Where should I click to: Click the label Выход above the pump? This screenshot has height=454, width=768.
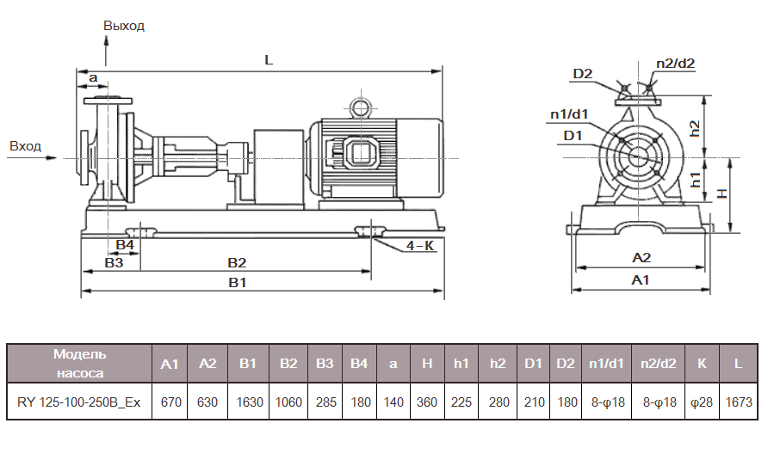tap(124, 26)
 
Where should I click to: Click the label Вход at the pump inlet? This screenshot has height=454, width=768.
tap(25, 146)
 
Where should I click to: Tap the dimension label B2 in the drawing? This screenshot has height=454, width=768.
tap(237, 262)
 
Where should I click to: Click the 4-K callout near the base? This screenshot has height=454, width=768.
tap(419, 246)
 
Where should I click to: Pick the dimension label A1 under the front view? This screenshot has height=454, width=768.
tap(640, 280)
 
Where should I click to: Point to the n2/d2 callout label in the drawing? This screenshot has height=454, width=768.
tap(675, 63)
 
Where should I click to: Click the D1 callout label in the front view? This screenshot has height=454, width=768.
tap(573, 135)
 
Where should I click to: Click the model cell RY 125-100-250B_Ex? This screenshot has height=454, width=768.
tap(79, 402)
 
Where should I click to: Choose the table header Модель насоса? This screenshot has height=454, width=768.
tap(79, 364)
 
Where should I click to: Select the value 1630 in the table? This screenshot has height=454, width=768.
tap(249, 402)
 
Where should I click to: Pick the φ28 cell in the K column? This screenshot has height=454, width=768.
tap(702, 402)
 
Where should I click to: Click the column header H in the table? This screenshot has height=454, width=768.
tap(427, 365)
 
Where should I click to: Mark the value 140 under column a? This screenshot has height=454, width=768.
tap(393, 402)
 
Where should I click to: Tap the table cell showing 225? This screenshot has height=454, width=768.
tap(461, 402)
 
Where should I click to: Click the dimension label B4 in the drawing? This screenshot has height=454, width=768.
tap(125, 245)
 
